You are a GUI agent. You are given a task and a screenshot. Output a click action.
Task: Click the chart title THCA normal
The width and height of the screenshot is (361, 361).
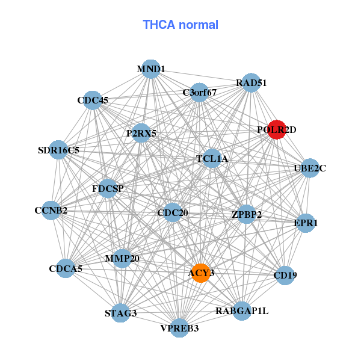click(180, 25)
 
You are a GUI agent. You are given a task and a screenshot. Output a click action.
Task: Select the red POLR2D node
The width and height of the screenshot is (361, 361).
click(276, 129)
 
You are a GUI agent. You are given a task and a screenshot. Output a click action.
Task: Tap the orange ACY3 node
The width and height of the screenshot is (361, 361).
click(200, 273)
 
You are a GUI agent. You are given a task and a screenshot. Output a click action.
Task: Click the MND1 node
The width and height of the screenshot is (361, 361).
click(151, 69)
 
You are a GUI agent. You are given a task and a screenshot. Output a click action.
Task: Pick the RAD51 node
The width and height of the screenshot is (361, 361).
click(251, 82)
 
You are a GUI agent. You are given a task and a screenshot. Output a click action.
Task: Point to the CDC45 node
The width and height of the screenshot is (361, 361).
click(93, 100)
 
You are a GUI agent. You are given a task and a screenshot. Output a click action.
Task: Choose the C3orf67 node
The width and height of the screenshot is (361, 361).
click(199, 93)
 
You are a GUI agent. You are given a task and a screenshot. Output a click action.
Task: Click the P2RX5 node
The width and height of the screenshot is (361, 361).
click(141, 133)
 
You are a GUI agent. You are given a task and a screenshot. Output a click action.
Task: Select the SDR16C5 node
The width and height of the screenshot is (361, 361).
click(58, 150)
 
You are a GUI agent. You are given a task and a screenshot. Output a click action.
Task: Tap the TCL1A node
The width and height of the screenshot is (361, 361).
click(212, 159)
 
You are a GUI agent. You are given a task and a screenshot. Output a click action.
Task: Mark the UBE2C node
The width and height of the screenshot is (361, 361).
click(309, 168)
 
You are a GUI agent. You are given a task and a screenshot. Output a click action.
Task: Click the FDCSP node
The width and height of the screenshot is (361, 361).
click(108, 189)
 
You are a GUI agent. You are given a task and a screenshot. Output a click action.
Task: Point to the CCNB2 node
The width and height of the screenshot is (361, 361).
click(51, 211)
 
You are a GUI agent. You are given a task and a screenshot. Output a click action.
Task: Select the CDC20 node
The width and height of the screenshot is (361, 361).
click(173, 212)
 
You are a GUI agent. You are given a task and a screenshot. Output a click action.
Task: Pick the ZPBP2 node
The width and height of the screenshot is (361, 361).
click(247, 214)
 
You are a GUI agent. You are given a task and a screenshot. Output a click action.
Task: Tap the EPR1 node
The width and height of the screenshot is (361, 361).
click(306, 223)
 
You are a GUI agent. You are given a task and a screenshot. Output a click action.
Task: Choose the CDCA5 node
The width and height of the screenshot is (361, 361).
click(66, 269)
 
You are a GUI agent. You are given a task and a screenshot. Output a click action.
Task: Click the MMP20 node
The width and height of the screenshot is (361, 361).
click(122, 259)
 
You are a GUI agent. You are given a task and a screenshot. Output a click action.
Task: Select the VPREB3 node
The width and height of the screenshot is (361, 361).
click(179, 328)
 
